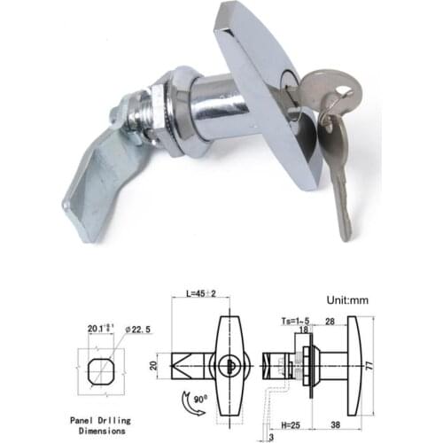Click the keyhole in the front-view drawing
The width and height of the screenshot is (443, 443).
[x=227, y=365]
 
